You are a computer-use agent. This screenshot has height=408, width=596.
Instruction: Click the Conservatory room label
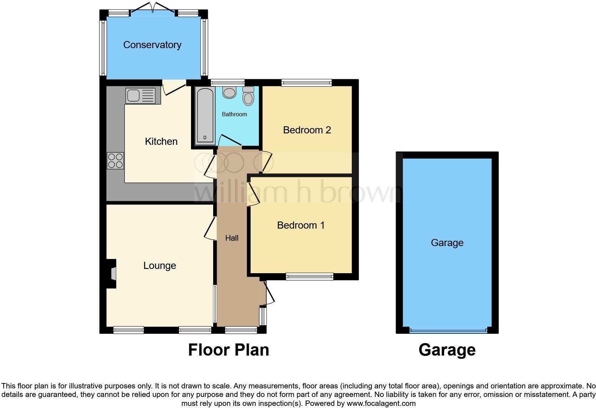click(x=152, y=45)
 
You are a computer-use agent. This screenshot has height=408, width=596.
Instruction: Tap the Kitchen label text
click(x=161, y=142)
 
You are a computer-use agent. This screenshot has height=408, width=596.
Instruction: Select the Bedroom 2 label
click(x=307, y=130)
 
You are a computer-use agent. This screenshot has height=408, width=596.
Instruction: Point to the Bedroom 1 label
click(x=301, y=225)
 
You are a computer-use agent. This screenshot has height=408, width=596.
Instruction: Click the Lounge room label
click(x=160, y=266)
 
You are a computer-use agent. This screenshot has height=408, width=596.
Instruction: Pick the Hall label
click(x=232, y=238)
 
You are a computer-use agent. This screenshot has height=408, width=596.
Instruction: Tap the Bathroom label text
click(x=234, y=114)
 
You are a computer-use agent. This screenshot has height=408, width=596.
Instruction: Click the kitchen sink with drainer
click(x=140, y=96)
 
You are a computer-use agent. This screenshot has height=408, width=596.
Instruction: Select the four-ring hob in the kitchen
click(x=115, y=160)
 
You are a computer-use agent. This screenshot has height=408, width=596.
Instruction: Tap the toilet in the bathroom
click(x=248, y=96)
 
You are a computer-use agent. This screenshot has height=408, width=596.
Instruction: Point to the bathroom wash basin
click(x=229, y=92)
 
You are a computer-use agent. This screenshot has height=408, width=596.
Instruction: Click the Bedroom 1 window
click(x=309, y=276)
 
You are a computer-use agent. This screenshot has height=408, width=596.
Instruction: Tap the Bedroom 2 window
click(x=307, y=83)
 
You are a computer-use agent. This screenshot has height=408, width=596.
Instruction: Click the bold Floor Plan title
click(x=228, y=350)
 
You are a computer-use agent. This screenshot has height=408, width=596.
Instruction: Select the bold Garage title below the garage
click(x=447, y=350)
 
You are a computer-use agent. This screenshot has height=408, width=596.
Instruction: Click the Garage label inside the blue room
click(x=447, y=243)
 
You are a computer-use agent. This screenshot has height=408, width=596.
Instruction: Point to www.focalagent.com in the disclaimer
click(x=381, y=404)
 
